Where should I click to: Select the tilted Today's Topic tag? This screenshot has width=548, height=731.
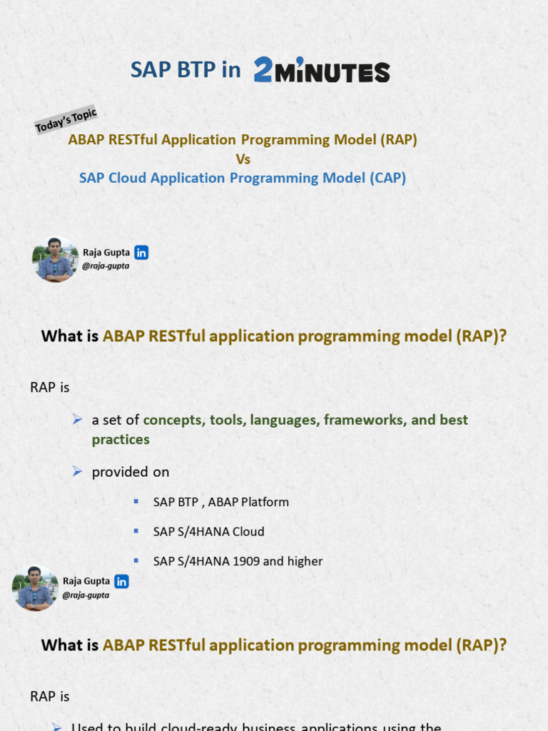click(66, 120)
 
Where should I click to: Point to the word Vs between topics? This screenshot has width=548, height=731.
click(243, 159)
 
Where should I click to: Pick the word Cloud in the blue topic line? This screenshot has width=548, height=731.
click(128, 178)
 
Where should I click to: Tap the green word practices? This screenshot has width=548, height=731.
click(121, 440)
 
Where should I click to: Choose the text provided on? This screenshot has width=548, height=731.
click(131, 473)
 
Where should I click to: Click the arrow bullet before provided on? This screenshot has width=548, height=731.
click(78, 471)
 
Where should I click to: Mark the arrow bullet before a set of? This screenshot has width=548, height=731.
click(78, 419)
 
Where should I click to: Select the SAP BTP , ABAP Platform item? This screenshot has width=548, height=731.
click(221, 502)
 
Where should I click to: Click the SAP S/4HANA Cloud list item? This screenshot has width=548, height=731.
click(208, 532)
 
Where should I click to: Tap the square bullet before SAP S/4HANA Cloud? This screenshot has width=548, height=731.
click(136, 531)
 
